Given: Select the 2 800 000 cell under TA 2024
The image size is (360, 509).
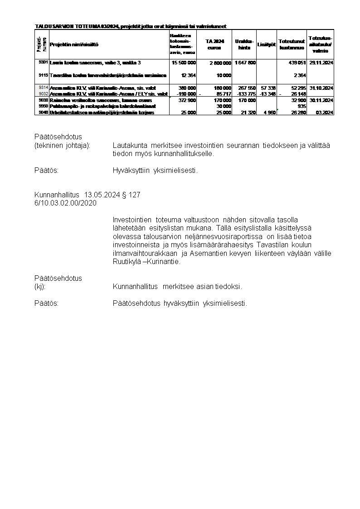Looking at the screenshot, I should click(220, 63).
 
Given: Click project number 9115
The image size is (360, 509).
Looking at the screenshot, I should click(44, 75).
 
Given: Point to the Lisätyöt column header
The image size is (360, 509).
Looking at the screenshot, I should click(266, 44).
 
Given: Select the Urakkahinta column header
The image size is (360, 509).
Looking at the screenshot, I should click(244, 44).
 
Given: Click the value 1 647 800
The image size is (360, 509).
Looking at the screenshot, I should click(245, 63).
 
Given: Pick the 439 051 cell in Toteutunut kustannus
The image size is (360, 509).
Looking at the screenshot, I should click(296, 63).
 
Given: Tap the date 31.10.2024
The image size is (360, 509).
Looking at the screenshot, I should click(321, 88).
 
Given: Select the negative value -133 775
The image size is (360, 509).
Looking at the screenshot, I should click(245, 94).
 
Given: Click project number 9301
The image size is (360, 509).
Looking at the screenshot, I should click(44, 62).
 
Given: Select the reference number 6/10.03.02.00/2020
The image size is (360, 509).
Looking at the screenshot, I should click(65, 203).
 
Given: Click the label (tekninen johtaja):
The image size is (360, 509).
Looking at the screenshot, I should click(62, 145).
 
